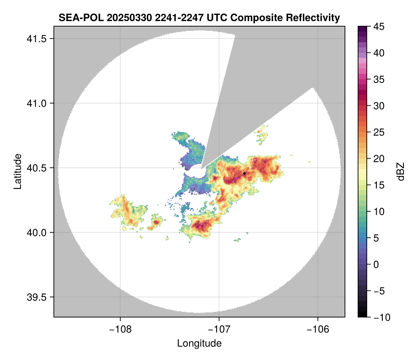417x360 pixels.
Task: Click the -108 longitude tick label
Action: [120, 329]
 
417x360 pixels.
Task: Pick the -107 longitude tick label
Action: [219, 329]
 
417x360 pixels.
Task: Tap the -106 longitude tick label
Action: [318, 329]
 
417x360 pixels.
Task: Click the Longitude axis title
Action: [199, 343]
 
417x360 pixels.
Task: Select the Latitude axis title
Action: [17, 171]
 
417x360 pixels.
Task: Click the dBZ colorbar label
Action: [401, 172]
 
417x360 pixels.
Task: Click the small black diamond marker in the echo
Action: [244, 173]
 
